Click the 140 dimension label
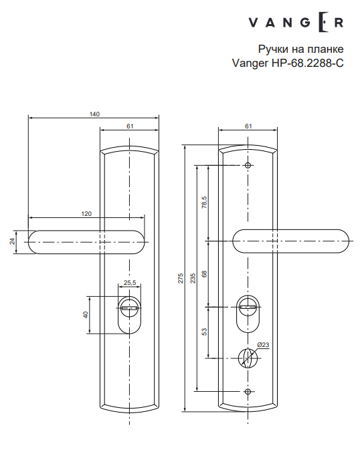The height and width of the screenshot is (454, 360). [94, 114]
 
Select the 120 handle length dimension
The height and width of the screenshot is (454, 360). [86, 213]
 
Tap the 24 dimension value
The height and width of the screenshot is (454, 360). [11, 241]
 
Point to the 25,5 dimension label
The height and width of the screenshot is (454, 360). [130, 283]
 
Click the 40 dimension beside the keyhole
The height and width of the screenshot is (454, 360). [86, 314]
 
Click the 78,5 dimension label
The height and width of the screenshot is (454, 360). [204, 202]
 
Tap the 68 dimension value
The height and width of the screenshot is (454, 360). [204, 273]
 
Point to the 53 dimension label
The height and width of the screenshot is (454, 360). [204, 331]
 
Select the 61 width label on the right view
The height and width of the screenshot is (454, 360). [248, 126]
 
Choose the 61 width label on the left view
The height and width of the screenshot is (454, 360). [130, 126]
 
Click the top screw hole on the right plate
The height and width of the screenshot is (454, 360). [248, 165]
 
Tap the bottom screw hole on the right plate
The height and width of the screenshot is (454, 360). [248, 391]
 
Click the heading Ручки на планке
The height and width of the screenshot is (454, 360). [300, 50]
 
